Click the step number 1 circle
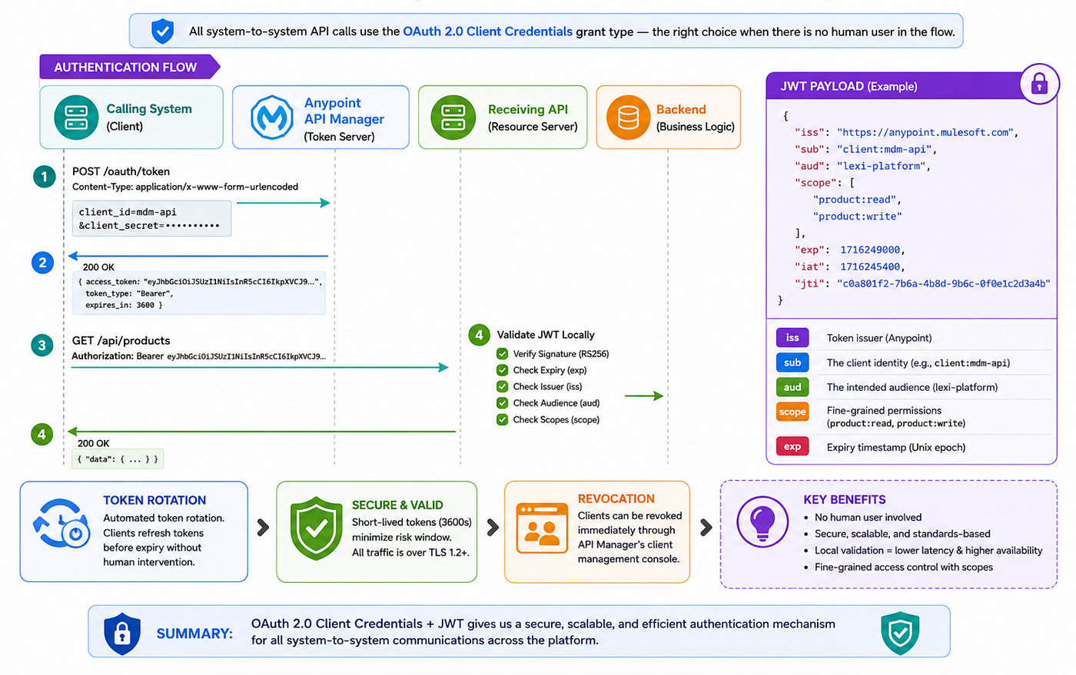click(45, 177)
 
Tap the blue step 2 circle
click(43, 263)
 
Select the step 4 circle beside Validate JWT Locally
click(479, 335)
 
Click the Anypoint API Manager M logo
click(272, 117)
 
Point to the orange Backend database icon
click(628, 117)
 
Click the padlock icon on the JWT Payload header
click(1039, 84)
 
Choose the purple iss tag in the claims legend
click(792, 338)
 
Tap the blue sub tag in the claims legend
click(792, 362)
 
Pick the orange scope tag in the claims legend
click(792, 412)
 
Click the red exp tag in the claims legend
click(792, 446)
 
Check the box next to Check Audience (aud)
click(502, 403)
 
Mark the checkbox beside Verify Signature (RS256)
click(502, 354)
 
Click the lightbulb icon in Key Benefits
click(762, 521)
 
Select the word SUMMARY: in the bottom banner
click(194, 634)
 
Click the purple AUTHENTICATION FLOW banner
click(130, 67)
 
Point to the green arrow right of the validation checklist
click(644, 395)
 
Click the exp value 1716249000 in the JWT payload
click(870, 250)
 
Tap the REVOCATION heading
click(616, 499)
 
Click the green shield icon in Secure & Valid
click(316, 528)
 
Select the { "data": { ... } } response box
click(118, 459)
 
